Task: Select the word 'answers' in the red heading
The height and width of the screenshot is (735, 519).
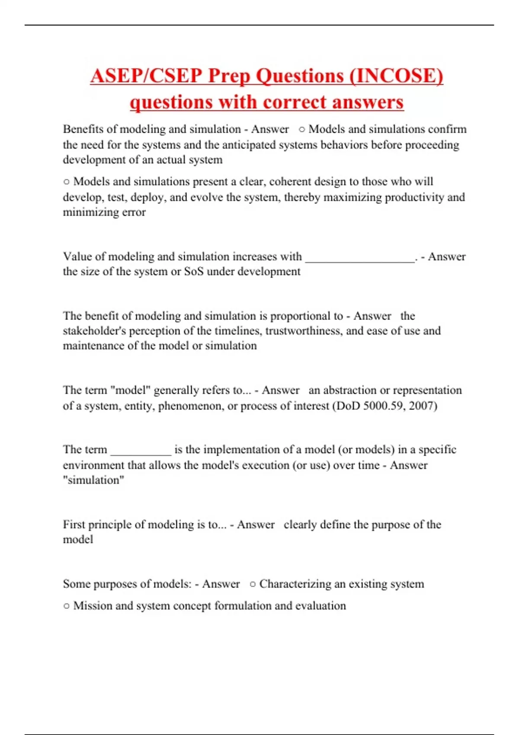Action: point(371,102)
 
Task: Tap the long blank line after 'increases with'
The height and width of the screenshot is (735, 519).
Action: point(360,258)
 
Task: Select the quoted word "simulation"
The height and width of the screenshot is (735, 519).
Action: point(93,480)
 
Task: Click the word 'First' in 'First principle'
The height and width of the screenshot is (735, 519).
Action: point(74,525)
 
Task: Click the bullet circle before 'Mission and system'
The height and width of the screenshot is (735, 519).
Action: point(66,606)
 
